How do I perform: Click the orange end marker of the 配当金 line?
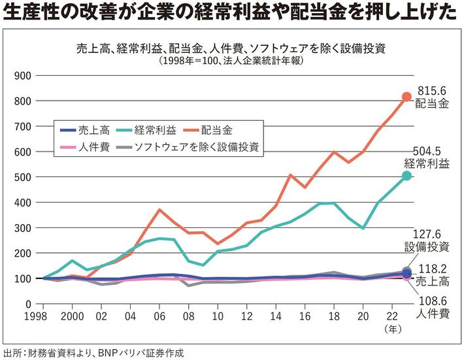click(406, 97)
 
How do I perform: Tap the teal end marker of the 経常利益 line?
click(406, 176)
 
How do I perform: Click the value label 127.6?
click(427, 233)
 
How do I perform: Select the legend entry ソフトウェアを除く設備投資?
click(196, 146)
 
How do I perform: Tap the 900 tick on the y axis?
click(23, 75)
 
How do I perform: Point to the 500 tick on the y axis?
click(23, 176)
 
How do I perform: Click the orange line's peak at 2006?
click(159, 210)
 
